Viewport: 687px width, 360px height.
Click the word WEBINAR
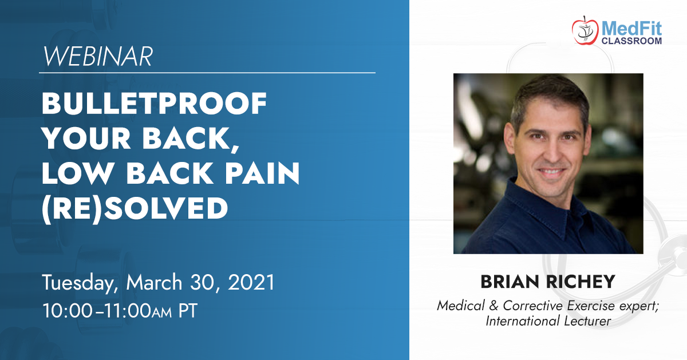[97, 57]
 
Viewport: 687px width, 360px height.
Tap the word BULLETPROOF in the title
[154, 104]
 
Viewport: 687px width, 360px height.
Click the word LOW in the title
[76, 173]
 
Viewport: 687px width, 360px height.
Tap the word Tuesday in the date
[80, 283]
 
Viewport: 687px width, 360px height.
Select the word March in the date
[154, 282]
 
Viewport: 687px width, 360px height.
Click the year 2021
[251, 282]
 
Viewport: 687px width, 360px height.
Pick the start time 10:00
[68, 311]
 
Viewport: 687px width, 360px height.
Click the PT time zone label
[188, 311]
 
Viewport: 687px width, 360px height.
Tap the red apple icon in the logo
[585, 31]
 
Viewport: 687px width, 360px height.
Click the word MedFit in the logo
[631, 29]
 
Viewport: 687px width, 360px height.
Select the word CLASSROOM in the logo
[631, 41]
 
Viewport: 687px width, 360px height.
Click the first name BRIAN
[510, 282]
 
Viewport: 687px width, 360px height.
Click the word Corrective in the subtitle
[533, 306]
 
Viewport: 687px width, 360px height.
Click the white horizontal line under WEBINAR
[207, 73]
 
